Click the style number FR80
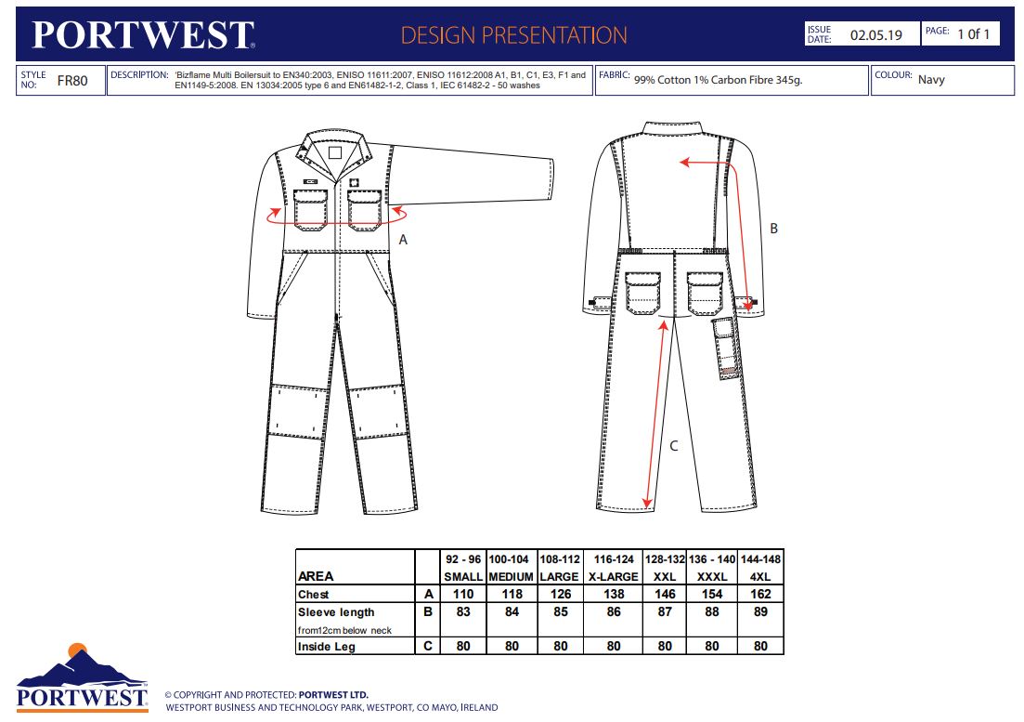click(71, 80)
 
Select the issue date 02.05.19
click(875, 35)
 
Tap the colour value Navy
click(931, 80)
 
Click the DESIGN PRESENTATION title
click(514, 35)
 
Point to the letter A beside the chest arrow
click(403, 240)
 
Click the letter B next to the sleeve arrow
click(774, 229)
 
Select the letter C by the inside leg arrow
click(674, 446)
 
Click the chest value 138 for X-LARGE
click(614, 594)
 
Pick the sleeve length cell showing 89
click(760, 611)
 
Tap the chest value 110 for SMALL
click(463, 594)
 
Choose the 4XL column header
click(760, 577)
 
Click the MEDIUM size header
click(511, 577)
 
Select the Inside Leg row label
click(327, 646)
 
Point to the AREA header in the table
click(316, 576)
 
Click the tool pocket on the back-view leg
click(726, 348)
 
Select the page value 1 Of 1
click(974, 34)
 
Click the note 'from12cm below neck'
click(344, 631)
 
